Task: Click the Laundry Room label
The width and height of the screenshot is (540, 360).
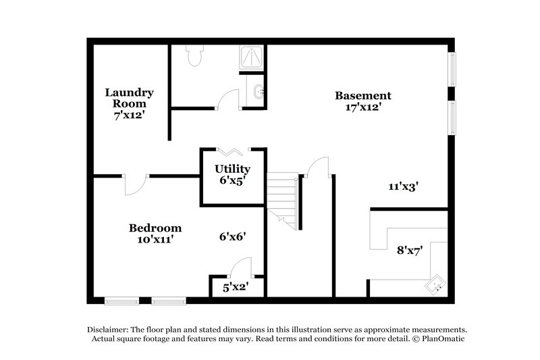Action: (x=129, y=98)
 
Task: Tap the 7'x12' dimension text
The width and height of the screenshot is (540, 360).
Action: (x=129, y=115)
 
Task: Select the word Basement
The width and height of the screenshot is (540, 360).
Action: (x=362, y=95)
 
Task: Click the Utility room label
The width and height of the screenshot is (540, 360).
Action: (x=233, y=169)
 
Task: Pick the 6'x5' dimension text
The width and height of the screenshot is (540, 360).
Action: (x=233, y=181)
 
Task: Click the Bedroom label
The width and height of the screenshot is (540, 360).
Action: (x=155, y=228)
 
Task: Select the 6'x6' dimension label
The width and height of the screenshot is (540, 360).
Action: (x=232, y=236)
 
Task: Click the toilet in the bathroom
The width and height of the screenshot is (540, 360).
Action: (x=195, y=55)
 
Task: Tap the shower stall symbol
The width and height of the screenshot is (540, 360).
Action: (x=252, y=59)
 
